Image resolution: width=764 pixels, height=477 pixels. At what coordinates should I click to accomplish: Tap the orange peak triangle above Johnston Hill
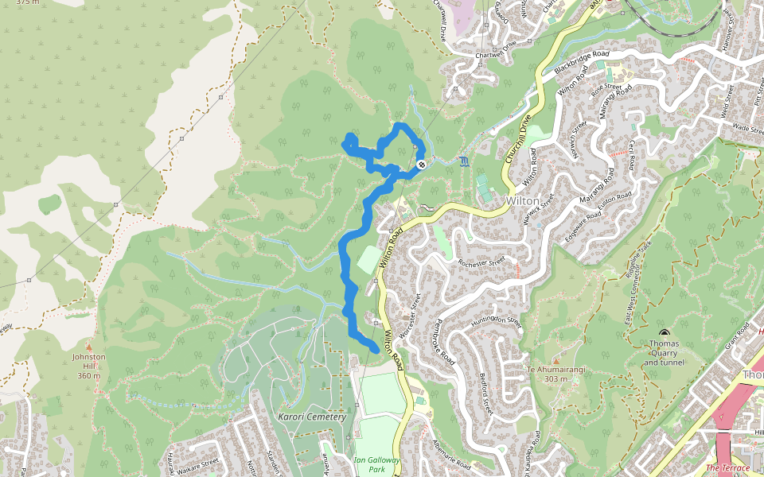coord(88,347)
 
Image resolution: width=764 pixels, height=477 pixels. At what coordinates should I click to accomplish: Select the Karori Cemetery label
coord(312,417)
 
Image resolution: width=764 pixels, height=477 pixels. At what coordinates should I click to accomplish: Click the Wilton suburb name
coord(522,201)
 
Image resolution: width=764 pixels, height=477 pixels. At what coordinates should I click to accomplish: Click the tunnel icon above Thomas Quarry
coord(664,333)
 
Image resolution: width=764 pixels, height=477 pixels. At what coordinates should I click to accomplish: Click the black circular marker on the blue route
coord(420,165)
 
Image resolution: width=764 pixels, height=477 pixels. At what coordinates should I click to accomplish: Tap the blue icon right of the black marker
coord(464,161)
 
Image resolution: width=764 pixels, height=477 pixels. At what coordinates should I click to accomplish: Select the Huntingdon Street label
coord(494,321)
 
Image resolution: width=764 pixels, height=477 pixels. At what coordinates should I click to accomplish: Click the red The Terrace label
coord(727,468)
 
